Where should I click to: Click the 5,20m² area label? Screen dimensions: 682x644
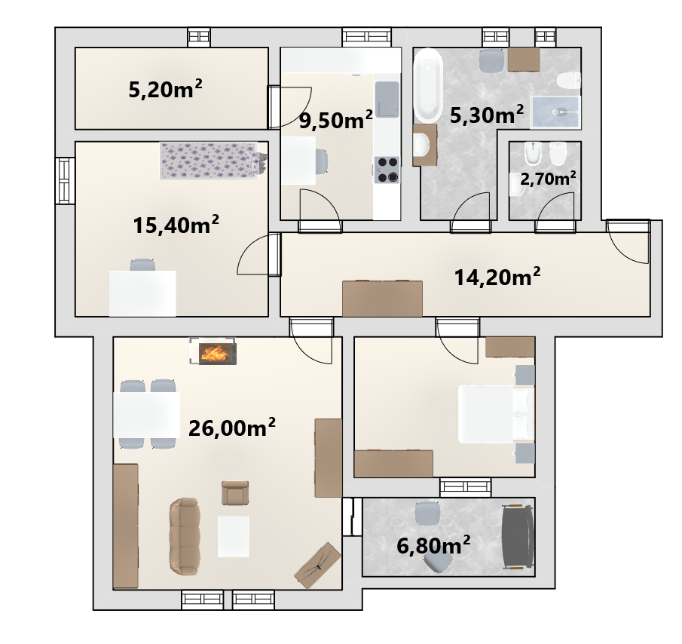coord(165,89)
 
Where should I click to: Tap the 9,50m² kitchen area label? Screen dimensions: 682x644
coord(336,120)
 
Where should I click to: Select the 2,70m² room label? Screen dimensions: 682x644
coord(548,178)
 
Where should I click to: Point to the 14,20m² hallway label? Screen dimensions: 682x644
coord(497,277)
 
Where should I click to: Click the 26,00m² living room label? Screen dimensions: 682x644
coord(232,428)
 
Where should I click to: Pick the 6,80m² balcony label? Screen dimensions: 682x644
coord(433,545)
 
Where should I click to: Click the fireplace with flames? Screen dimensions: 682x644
coord(213,351)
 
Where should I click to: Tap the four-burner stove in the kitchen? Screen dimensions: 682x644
coord(387,170)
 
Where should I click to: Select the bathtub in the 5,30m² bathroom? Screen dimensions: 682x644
coord(428,85)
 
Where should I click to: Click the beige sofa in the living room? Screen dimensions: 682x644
coord(185,536)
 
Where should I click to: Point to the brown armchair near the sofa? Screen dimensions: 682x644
coord(235,492)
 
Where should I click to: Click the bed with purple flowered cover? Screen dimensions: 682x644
coord(213,161)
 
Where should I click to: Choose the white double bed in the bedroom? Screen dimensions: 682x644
coord(497,414)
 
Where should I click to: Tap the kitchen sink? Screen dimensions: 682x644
coord(387,100)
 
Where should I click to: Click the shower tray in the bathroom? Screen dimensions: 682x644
coord(555,112)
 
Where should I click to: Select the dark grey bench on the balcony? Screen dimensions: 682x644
coord(518,536)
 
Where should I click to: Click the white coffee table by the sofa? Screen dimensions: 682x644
coord(233,536)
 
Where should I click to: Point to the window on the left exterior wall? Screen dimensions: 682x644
coord(64,180)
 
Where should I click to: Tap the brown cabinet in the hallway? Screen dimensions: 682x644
coord(382,298)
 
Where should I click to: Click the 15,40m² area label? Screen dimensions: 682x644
coord(176,225)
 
